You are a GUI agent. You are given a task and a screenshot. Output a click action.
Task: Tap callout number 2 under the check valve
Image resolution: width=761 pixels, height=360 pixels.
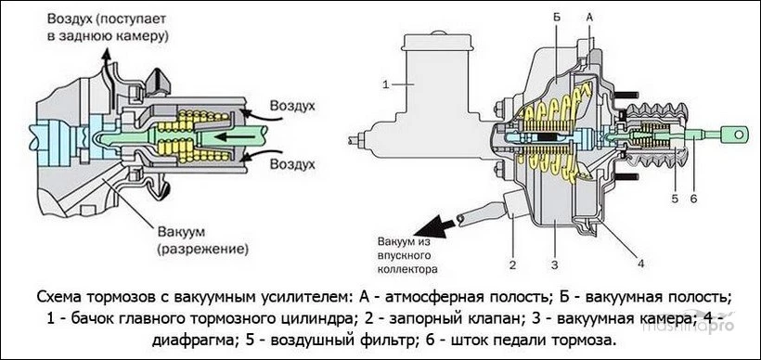tap(510, 251)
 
